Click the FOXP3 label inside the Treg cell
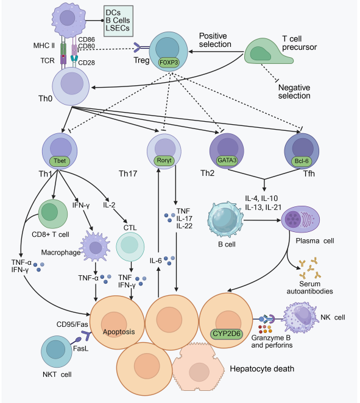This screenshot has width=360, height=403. pyautogui.click(x=169, y=63)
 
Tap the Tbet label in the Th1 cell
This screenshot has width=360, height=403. pyautogui.click(x=60, y=161)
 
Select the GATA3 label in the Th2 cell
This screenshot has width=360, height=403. pyautogui.click(x=227, y=160)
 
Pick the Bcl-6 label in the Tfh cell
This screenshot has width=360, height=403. pyautogui.click(x=302, y=161)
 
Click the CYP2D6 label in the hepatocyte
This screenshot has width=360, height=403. pyautogui.click(x=227, y=334)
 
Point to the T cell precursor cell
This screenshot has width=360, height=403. pyautogui.click(x=267, y=51)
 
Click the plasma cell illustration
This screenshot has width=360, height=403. pyautogui.click(x=300, y=219)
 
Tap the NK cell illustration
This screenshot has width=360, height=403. pyautogui.click(x=300, y=317)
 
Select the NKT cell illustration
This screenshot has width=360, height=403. pyautogui.click(x=57, y=351)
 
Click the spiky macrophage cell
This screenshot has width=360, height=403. pyautogui.click(x=95, y=247)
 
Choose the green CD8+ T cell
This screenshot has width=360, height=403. pyautogui.click(x=53, y=214)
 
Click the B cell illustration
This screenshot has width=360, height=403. pyautogui.click(x=225, y=220)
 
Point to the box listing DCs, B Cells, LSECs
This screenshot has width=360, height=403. pyautogui.click(x=119, y=21)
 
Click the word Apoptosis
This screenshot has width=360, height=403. pyautogui.click(x=119, y=332)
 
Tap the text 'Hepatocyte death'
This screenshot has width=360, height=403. pyautogui.click(x=262, y=369)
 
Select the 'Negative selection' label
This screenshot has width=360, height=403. pyautogui.click(x=294, y=92)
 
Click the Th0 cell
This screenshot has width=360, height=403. pyautogui.click(x=71, y=86)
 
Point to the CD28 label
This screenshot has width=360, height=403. pyautogui.click(x=86, y=63)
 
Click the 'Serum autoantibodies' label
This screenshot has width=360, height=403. pyautogui.click(x=309, y=287)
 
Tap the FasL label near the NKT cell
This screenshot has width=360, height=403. pyautogui.click(x=81, y=348)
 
